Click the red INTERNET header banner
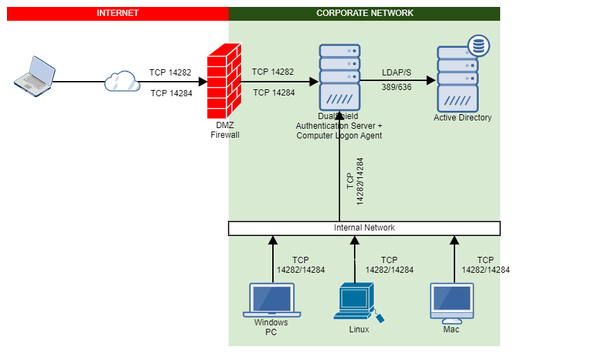click(x=117, y=13)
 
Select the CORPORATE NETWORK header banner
click(x=364, y=13)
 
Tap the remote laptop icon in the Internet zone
click(x=34, y=74)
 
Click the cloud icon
click(x=122, y=82)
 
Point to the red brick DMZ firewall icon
click(x=224, y=82)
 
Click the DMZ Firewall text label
click(x=224, y=129)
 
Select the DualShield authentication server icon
click(x=339, y=75)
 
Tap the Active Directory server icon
click(x=458, y=79)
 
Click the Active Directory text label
click(x=462, y=118)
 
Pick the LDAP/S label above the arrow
click(x=396, y=72)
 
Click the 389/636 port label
click(x=396, y=87)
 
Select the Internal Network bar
click(x=364, y=228)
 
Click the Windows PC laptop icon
click(x=272, y=300)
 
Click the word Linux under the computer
click(x=359, y=330)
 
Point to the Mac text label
click(x=451, y=330)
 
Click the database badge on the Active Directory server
click(x=478, y=46)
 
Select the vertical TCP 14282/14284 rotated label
click(x=355, y=181)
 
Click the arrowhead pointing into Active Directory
click(x=431, y=80)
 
